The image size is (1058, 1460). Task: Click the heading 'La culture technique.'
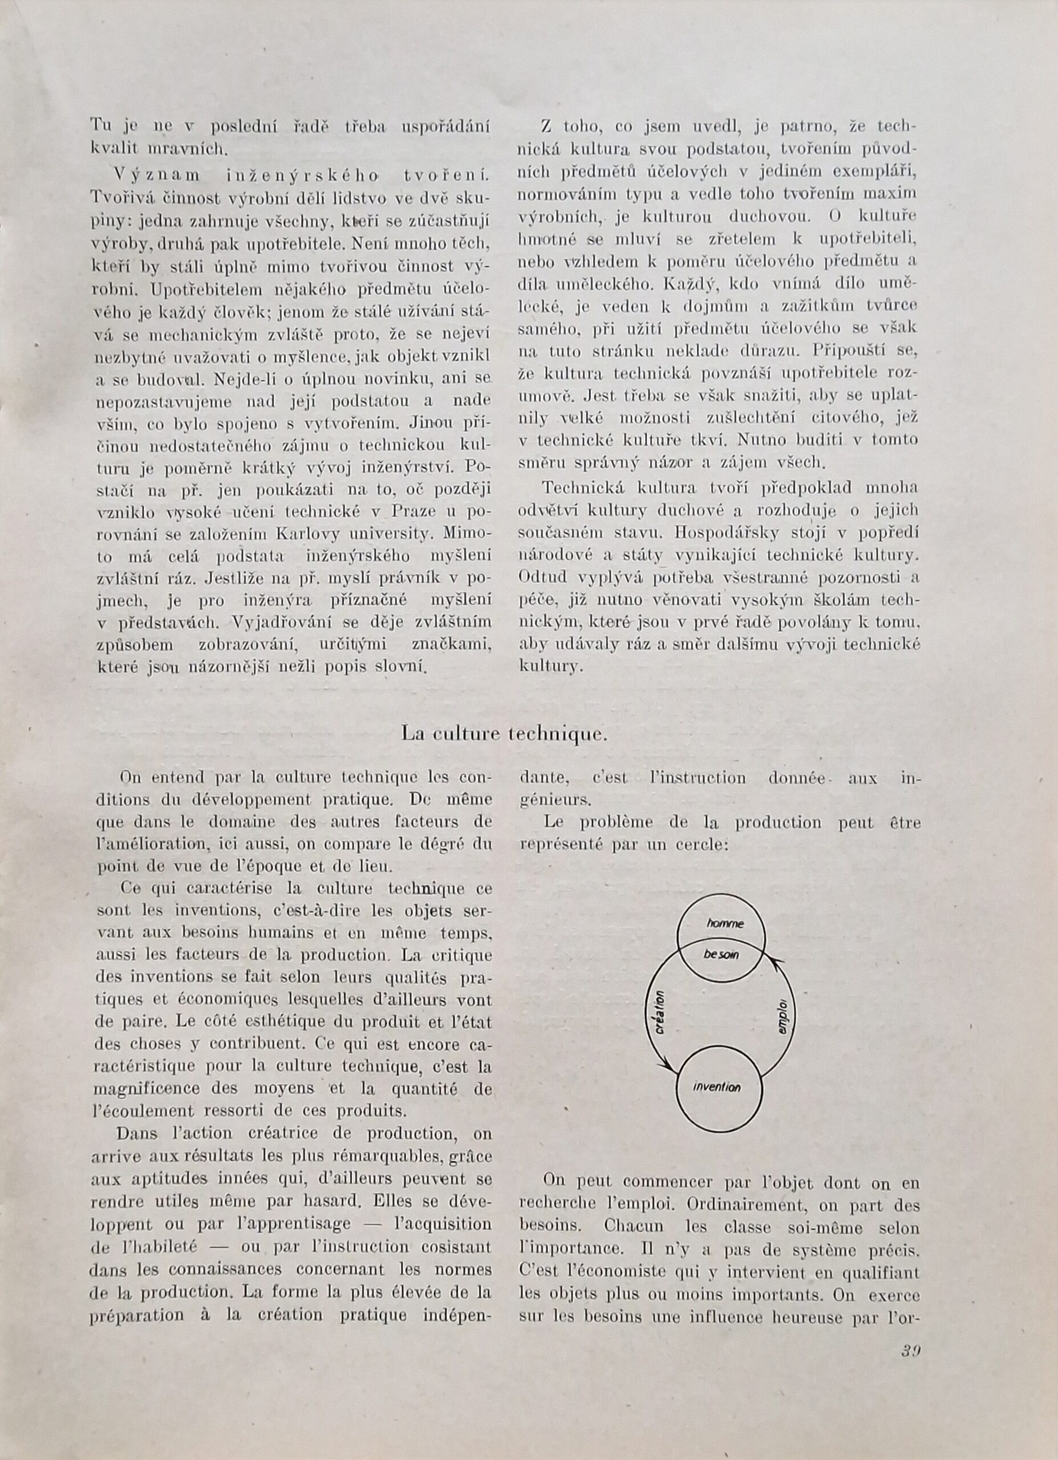[504, 733]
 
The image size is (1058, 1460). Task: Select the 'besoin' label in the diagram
[721, 954]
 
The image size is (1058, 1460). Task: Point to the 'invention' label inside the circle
[717, 1086]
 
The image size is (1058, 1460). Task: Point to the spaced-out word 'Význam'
[157, 174]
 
